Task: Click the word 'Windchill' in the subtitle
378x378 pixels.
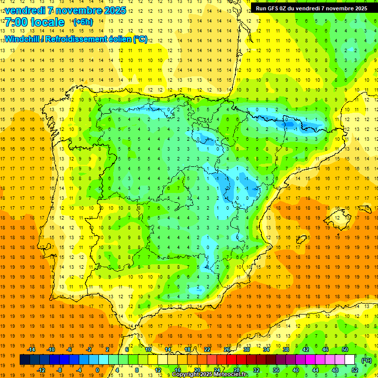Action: pos(22,39)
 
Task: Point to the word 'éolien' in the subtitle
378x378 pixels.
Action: pos(117,39)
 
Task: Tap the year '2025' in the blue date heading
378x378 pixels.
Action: pos(114,10)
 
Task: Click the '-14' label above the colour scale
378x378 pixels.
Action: pos(31,349)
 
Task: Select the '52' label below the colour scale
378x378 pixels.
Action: pos(355,370)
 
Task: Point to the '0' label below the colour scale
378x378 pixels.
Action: pos(97,370)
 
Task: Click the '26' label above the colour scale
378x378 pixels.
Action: pos(227,349)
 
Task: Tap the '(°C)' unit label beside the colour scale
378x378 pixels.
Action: pos(367,360)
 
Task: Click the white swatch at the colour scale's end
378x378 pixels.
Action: pos(350,360)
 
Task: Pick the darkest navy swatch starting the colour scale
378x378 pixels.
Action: pos(25,360)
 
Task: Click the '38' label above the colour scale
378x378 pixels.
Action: pos(286,349)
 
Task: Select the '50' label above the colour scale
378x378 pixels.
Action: pos(345,349)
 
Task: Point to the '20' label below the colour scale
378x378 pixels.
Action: pos(197,370)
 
